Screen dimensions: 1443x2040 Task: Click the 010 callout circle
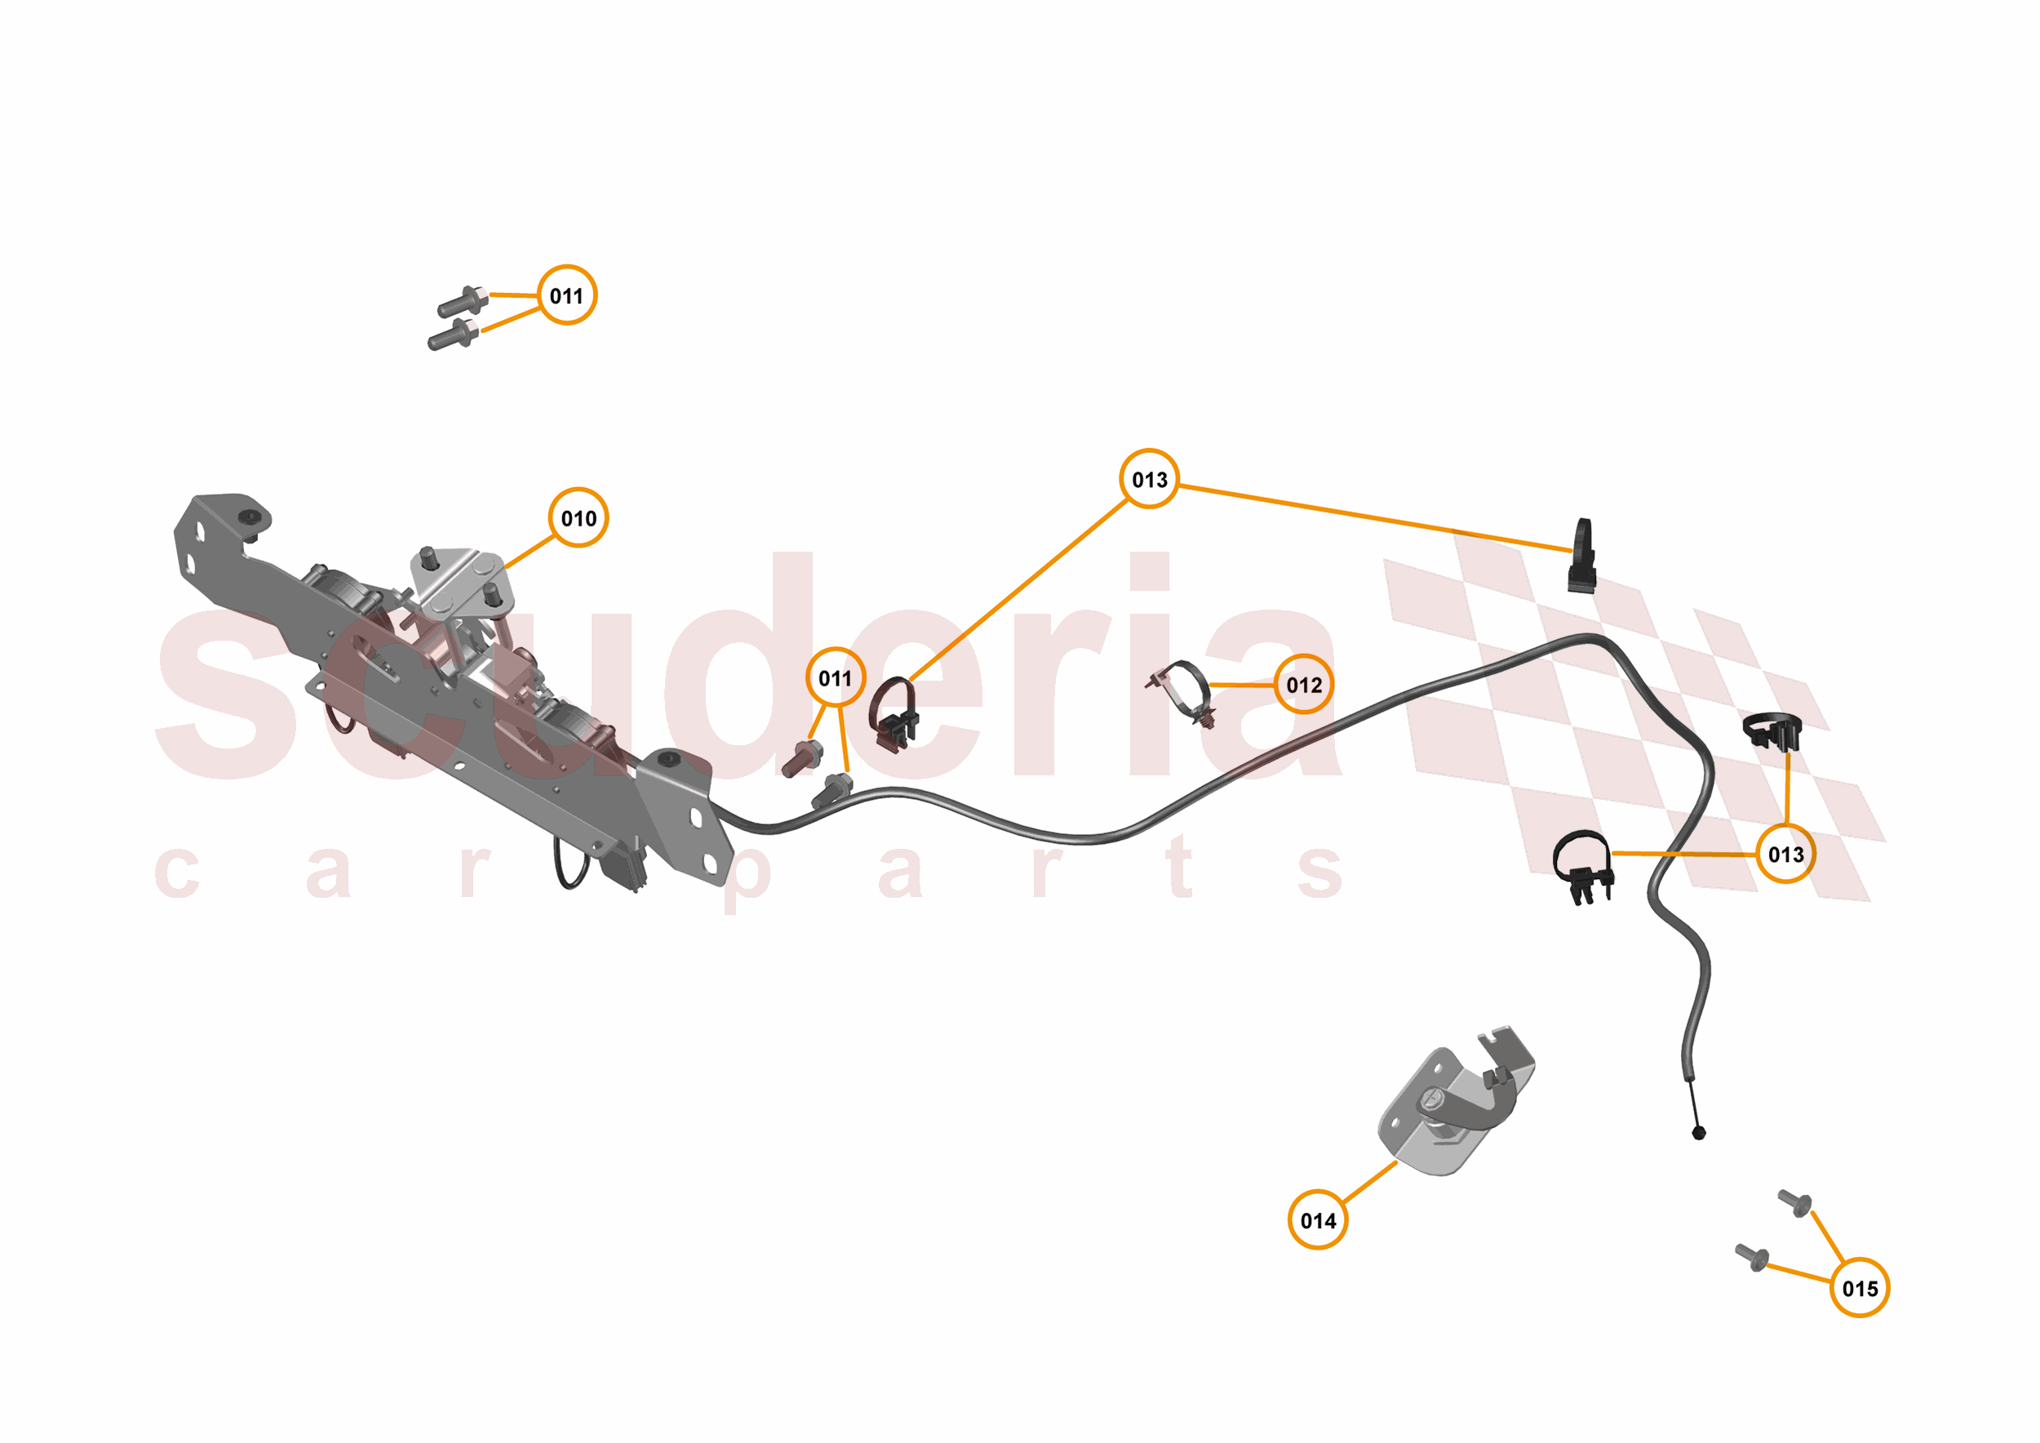click(x=579, y=518)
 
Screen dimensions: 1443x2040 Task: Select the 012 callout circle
click(x=1303, y=685)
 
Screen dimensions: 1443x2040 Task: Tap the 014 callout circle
click(x=1318, y=1221)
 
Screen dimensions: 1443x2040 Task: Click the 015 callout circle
click(x=1860, y=1289)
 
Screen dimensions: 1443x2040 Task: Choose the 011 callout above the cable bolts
click(x=836, y=678)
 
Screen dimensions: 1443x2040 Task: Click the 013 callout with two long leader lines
click(x=1149, y=480)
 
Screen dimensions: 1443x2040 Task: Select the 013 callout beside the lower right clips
click(x=1786, y=855)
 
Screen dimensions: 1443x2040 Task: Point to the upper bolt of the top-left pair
click(x=462, y=302)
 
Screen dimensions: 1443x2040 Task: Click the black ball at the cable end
click(x=1699, y=1133)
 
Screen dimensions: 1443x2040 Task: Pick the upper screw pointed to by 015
click(x=1794, y=1203)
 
